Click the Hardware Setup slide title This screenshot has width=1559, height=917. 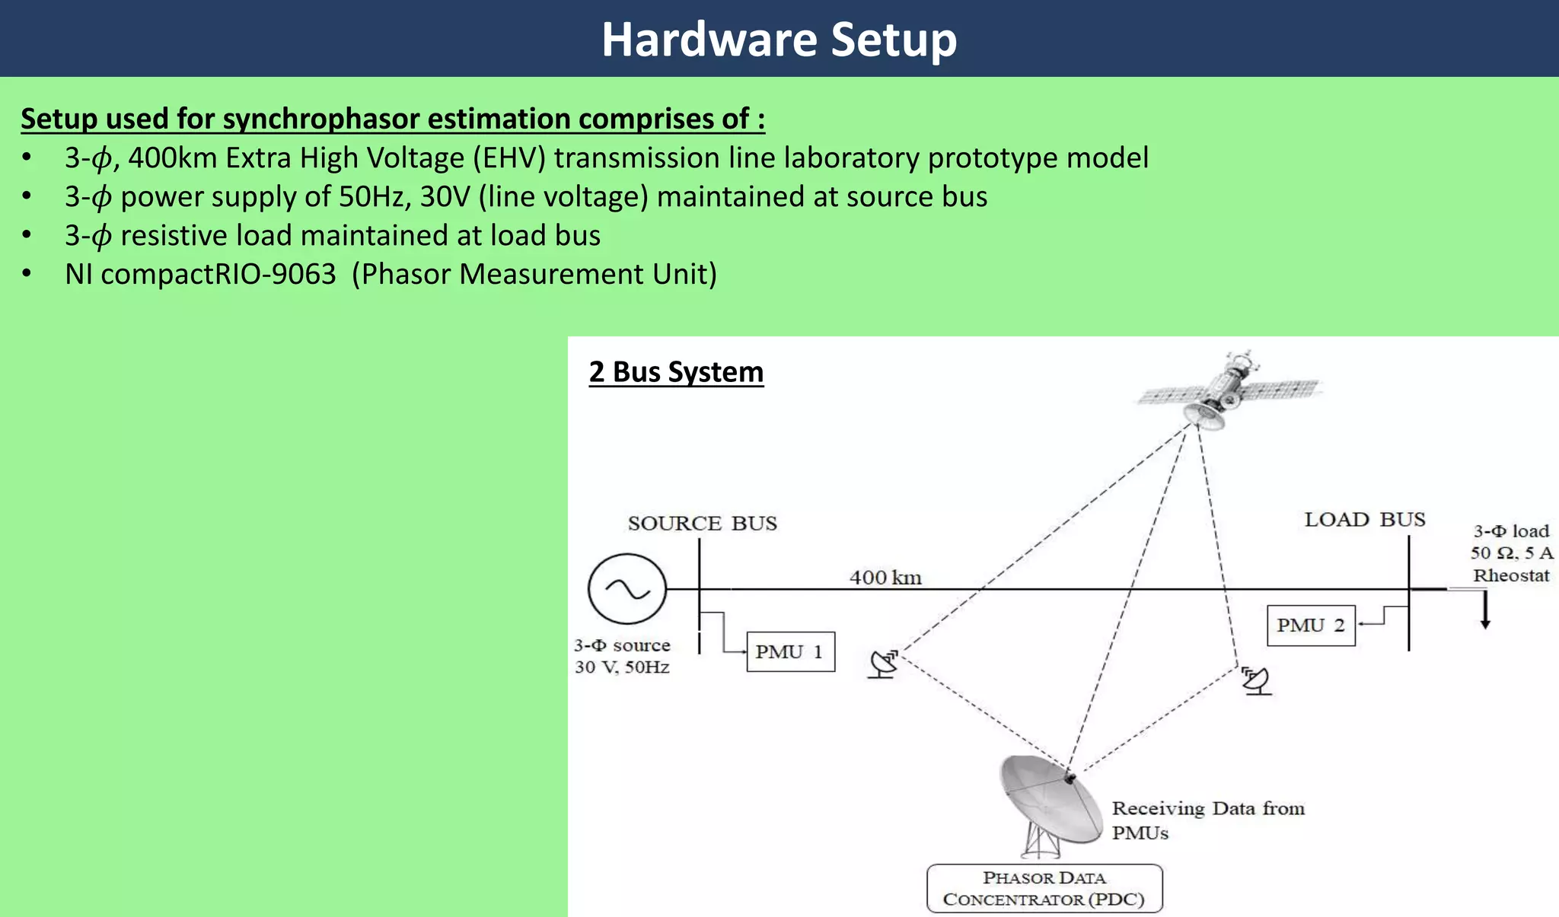pyautogui.click(x=779, y=40)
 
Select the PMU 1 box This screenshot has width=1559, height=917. pyautogui.click(x=790, y=652)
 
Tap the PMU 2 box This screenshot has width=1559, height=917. pyautogui.click(x=1311, y=626)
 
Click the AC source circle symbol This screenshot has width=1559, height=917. pyautogui.click(x=626, y=589)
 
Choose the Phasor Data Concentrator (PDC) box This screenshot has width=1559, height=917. pyautogui.click(x=1044, y=889)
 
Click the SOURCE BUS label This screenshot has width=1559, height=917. pyautogui.click(x=702, y=524)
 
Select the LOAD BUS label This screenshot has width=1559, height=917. pyautogui.click(x=1364, y=520)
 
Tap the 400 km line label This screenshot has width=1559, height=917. pyautogui.click(x=885, y=578)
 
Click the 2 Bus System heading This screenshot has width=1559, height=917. pyautogui.click(x=676, y=372)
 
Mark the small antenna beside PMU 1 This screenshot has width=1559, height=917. pyautogui.click(x=884, y=664)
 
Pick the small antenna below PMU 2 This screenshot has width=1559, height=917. pyautogui.click(x=1256, y=680)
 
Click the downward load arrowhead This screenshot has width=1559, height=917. pyautogui.click(x=1484, y=623)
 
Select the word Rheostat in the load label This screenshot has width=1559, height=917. pyautogui.click(x=1510, y=575)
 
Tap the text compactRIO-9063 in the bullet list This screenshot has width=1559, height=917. pyautogui.click(x=218, y=274)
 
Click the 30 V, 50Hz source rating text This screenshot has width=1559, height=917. pyautogui.click(x=622, y=667)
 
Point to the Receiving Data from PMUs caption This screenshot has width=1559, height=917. pyautogui.click(x=1207, y=820)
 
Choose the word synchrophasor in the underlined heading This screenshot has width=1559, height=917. pyautogui.click(x=320, y=119)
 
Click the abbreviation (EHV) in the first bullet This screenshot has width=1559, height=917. pyautogui.click(x=509, y=158)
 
